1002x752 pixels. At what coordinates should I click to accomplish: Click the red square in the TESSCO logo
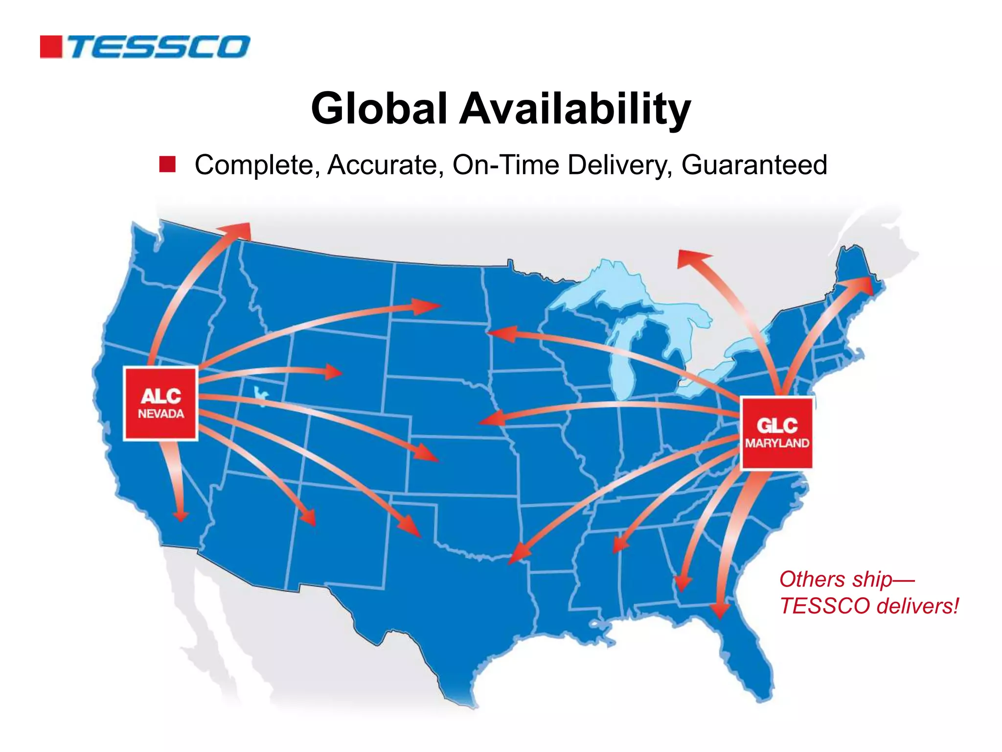pyautogui.click(x=51, y=47)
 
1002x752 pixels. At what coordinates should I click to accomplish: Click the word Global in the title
pyautogui.click(x=379, y=108)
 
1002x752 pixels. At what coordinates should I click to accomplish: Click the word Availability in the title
pyautogui.click(x=574, y=109)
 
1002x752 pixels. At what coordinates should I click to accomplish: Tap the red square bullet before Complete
pyautogui.click(x=167, y=164)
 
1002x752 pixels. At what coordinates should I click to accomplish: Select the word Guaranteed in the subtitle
pyautogui.click(x=754, y=165)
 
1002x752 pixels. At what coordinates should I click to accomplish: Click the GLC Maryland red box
pyautogui.click(x=776, y=433)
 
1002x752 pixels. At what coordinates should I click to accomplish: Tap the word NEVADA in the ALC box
pyautogui.click(x=161, y=414)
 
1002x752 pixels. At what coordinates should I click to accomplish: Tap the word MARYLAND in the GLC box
pyautogui.click(x=777, y=444)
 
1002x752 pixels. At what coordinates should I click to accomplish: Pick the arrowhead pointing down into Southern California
pyautogui.click(x=181, y=515)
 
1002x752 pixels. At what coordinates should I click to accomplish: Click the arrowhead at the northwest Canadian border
pyautogui.click(x=240, y=230)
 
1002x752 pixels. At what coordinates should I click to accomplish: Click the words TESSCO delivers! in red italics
pyautogui.click(x=869, y=606)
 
